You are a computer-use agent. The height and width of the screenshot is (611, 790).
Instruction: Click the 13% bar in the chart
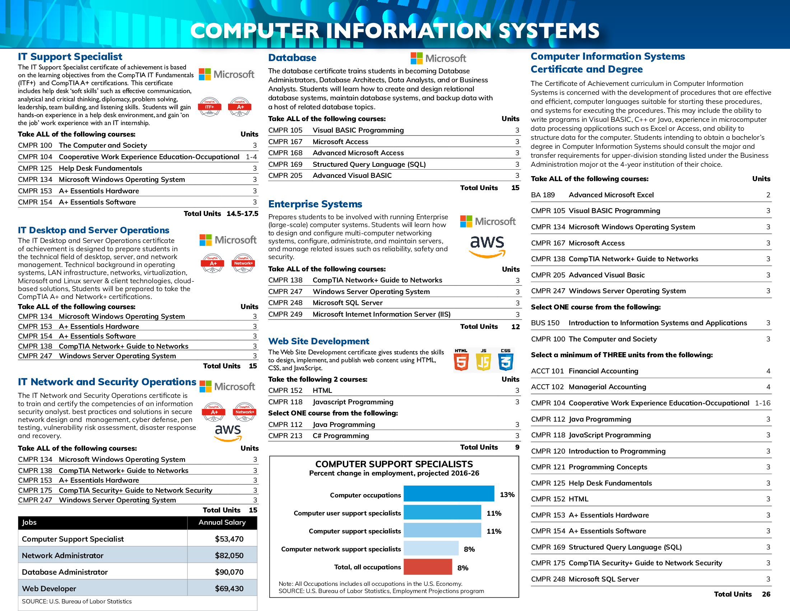449,494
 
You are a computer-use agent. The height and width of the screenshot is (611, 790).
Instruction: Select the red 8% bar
428,567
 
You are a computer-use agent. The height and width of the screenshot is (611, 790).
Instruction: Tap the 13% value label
507,495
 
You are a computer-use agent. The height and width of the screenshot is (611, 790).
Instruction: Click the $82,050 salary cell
229,555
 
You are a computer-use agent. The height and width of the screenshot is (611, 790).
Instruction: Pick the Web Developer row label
49,589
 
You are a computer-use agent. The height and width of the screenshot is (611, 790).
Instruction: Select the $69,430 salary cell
229,589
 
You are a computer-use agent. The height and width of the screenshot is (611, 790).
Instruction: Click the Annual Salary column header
222,522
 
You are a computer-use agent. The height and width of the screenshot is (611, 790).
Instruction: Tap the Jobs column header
29,522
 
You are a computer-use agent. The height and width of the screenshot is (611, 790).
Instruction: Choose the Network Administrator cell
62,555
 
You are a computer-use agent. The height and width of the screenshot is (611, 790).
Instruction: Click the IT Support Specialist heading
70,57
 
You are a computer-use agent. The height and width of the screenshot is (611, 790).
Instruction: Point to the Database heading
292,58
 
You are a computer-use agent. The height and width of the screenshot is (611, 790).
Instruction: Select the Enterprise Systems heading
315,204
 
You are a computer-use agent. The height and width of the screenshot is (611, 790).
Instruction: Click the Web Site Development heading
319,341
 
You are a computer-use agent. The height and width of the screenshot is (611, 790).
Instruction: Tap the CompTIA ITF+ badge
210,107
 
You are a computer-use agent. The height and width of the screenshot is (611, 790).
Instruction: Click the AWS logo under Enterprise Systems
487,247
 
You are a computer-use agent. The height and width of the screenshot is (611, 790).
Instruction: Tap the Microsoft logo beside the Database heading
438,58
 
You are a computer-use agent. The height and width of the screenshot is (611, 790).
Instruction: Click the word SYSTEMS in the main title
549,31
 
